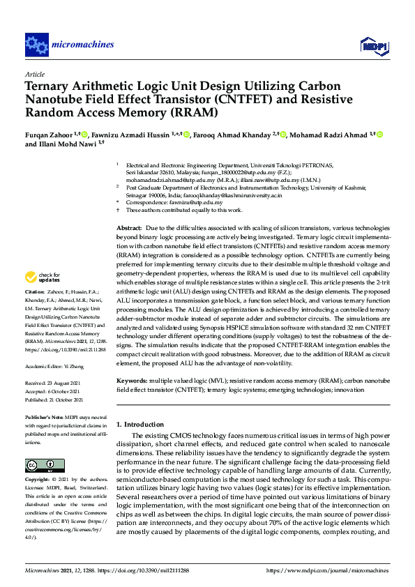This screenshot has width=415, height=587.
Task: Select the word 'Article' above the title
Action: click(x=35, y=74)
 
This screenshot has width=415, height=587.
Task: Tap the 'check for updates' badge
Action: click(x=43, y=278)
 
